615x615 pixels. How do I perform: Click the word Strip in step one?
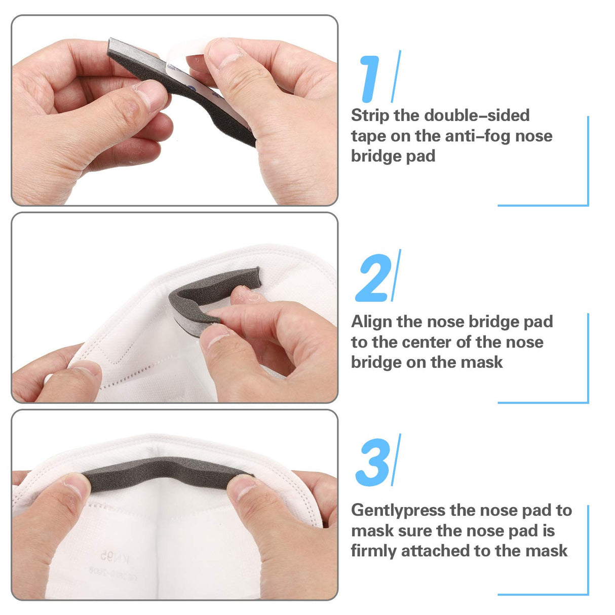coord(370,116)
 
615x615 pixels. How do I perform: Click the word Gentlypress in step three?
coord(398,511)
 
